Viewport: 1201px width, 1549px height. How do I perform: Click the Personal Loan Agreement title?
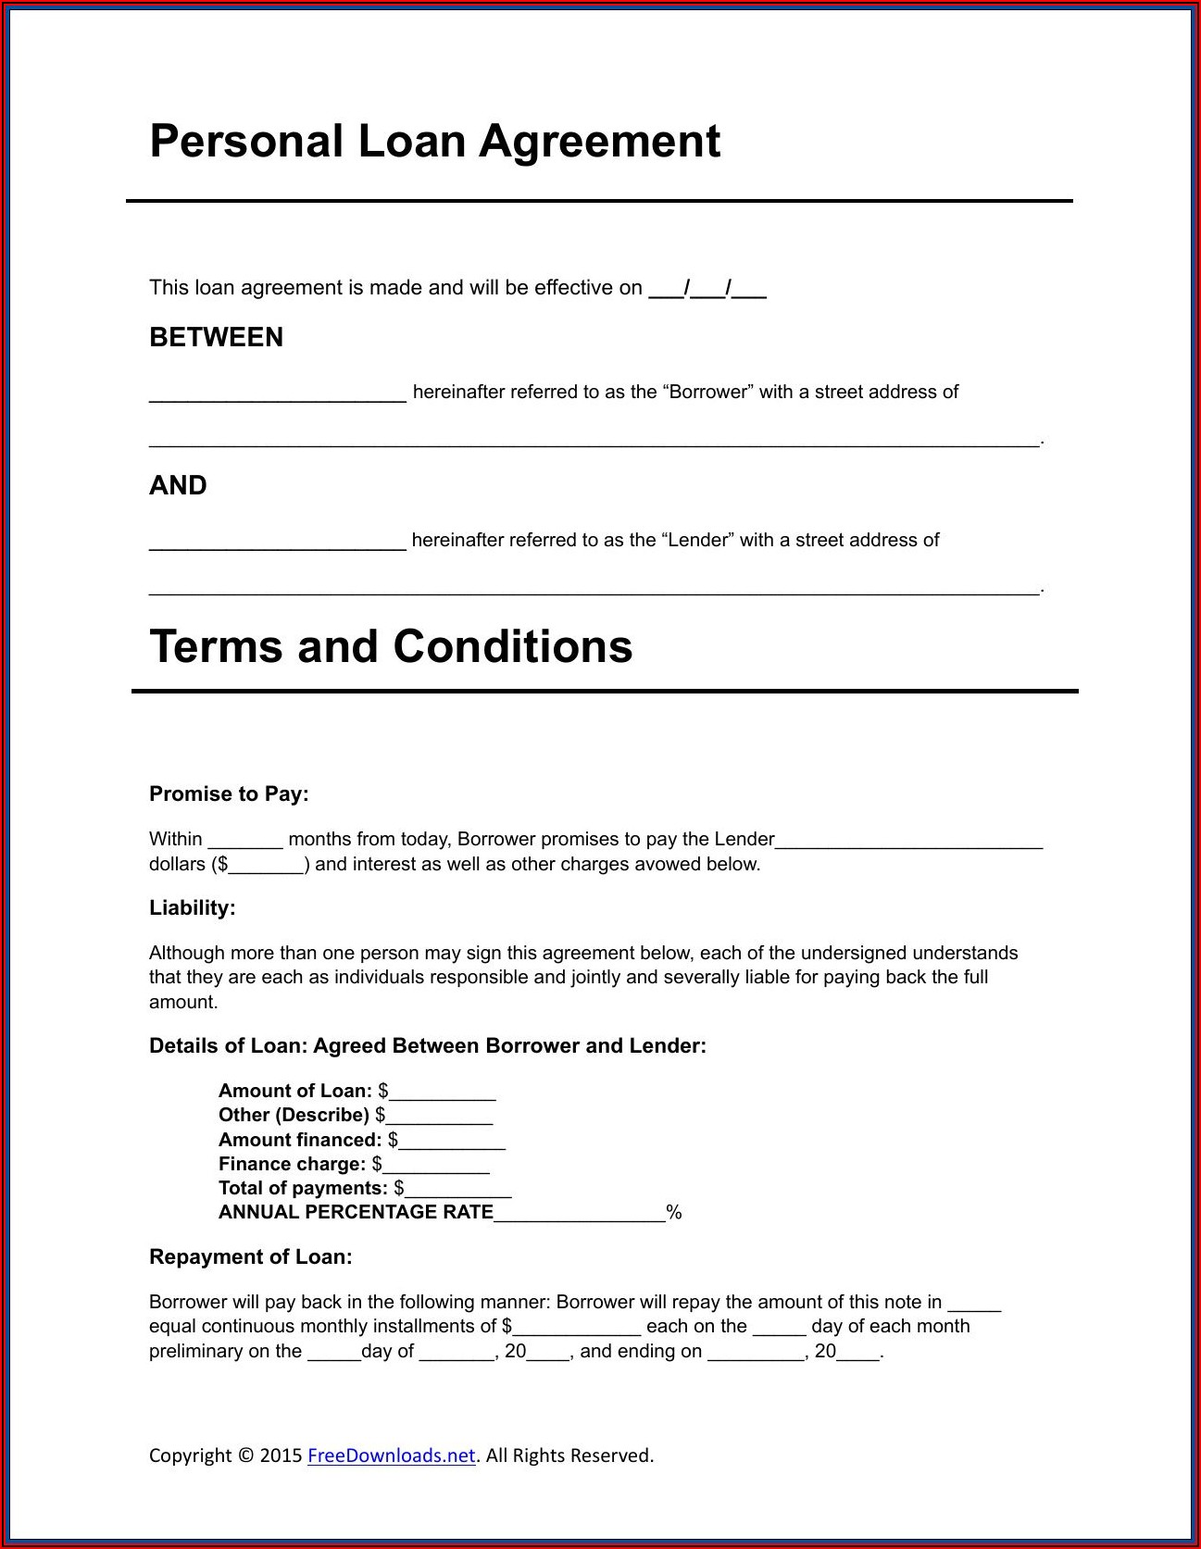point(434,142)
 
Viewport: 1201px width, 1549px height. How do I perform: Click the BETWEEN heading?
point(216,337)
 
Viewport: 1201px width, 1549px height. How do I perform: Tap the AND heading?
point(178,485)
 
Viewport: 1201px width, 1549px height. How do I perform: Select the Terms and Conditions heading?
point(391,646)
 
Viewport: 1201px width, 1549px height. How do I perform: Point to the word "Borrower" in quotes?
point(707,392)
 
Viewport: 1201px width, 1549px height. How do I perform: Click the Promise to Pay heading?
point(229,793)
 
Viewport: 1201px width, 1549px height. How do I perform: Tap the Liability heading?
point(193,907)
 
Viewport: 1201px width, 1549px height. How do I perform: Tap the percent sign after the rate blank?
point(674,1213)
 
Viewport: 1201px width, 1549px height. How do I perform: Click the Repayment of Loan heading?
point(250,1256)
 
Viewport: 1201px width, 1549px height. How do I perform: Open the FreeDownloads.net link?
point(391,1455)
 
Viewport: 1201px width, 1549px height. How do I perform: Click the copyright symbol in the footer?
point(245,1455)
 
